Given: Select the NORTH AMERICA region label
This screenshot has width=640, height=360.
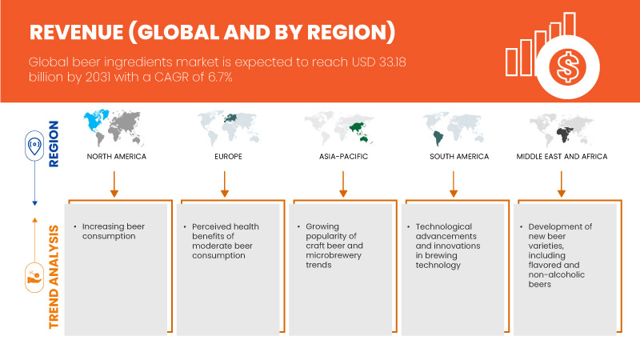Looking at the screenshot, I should click(117, 156).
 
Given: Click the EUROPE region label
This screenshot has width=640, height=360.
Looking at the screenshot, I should click(225, 156).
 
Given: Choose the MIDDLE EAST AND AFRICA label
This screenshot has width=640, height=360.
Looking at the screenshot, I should click(562, 156).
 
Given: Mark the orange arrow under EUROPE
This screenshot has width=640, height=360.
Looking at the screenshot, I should click(225, 182).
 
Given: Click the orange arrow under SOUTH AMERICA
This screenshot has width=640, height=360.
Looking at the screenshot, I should click(454, 182).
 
